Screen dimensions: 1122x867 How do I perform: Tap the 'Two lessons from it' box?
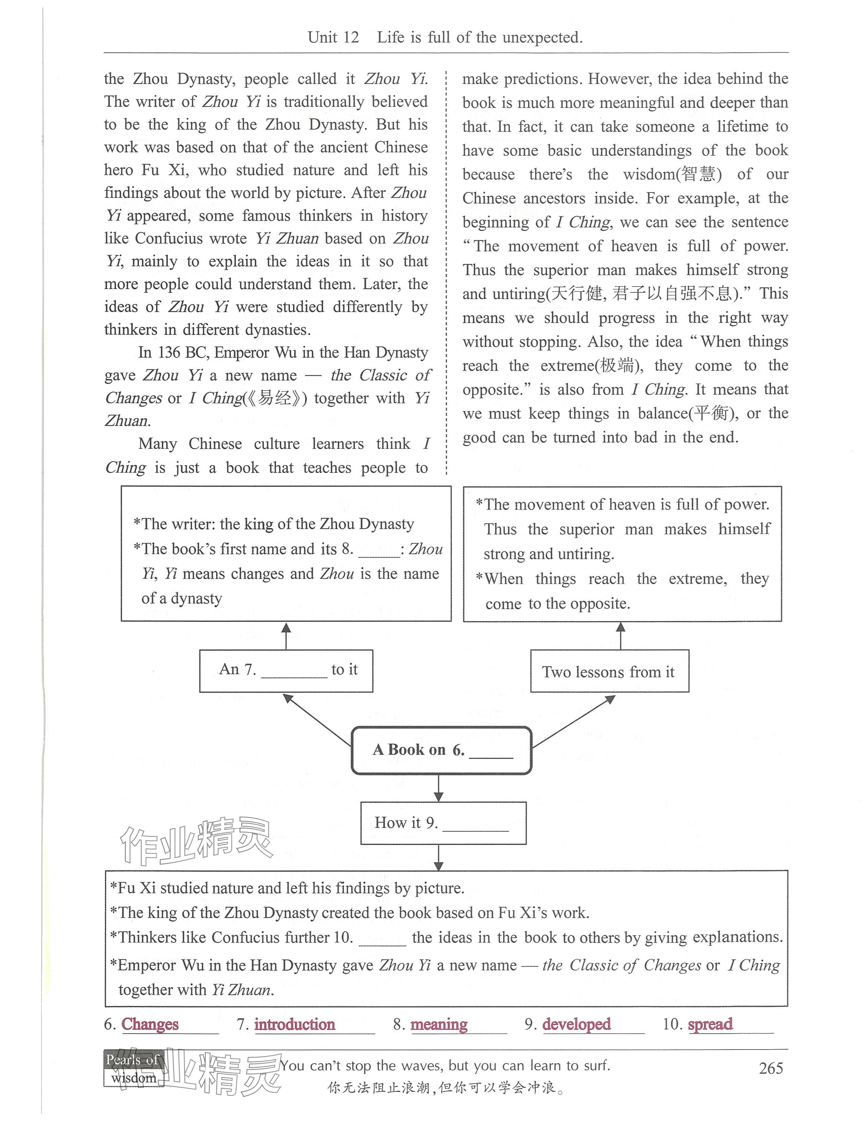[609, 671]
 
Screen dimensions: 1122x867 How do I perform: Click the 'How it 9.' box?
[443, 823]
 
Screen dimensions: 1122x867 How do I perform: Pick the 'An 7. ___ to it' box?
[286, 670]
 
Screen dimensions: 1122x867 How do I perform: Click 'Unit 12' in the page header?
[333, 37]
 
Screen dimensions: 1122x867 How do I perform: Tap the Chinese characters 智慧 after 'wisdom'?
[698, 174]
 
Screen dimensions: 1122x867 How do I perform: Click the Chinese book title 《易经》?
[277, 398]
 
